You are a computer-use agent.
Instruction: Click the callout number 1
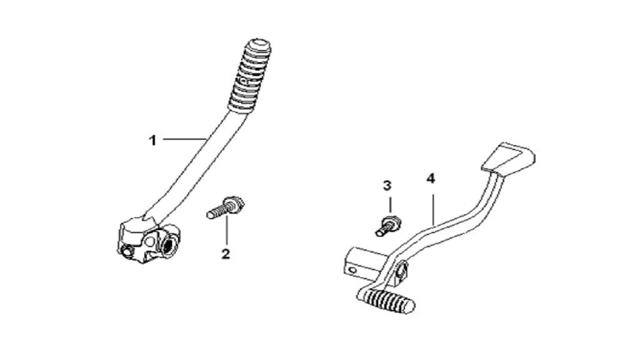point(152,141)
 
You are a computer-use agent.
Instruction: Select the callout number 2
point(225,254)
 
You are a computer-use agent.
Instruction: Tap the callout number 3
point(387,186)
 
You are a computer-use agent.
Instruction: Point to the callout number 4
point(431,179)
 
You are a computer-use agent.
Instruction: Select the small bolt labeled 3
point(388,226)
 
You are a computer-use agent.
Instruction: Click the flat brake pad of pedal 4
point(509,158)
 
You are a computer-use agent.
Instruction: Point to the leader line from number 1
point(184,139)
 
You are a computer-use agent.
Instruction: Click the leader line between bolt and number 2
point(227,231)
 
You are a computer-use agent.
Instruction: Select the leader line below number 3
point(389,205)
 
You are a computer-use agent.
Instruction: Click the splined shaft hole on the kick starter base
point(167,246)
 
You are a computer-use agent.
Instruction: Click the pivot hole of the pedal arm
point(401,270)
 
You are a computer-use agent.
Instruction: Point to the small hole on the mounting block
point(351,270)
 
